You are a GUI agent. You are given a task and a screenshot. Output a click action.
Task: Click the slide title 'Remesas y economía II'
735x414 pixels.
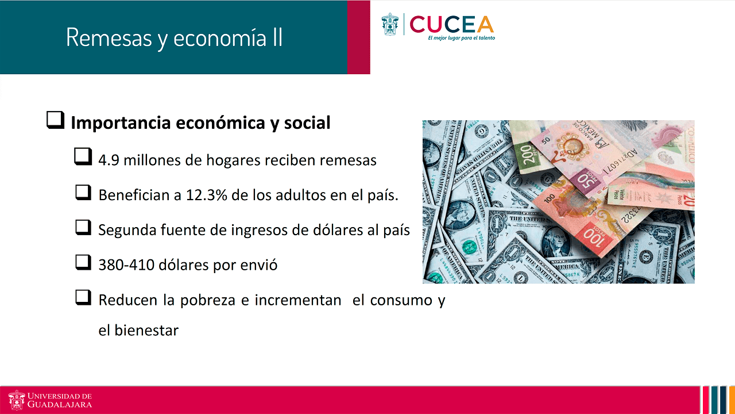174,38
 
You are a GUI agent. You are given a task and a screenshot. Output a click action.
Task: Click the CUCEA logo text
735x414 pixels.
451,24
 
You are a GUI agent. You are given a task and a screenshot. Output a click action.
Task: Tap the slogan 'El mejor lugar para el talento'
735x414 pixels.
461,38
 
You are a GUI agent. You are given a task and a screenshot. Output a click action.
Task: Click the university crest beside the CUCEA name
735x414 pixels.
390,24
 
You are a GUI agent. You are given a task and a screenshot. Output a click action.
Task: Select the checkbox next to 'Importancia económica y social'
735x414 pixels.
55,120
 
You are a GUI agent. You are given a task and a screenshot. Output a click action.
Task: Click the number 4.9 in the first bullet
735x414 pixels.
109,160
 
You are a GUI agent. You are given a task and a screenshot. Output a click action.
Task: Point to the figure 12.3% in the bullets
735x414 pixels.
206,195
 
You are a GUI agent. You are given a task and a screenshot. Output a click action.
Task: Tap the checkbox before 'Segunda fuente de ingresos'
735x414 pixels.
83,227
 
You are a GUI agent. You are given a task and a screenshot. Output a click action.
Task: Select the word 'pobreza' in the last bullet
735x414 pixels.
208,300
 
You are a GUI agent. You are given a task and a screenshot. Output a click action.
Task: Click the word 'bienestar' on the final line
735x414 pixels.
146,331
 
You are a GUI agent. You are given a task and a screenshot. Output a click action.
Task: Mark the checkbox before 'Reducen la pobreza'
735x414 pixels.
83,297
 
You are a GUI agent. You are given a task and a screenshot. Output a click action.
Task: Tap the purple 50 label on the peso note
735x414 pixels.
588,181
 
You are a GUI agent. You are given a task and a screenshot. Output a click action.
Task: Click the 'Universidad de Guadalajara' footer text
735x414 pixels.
59,400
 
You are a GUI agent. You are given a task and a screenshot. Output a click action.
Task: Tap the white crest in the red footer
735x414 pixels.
17,400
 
